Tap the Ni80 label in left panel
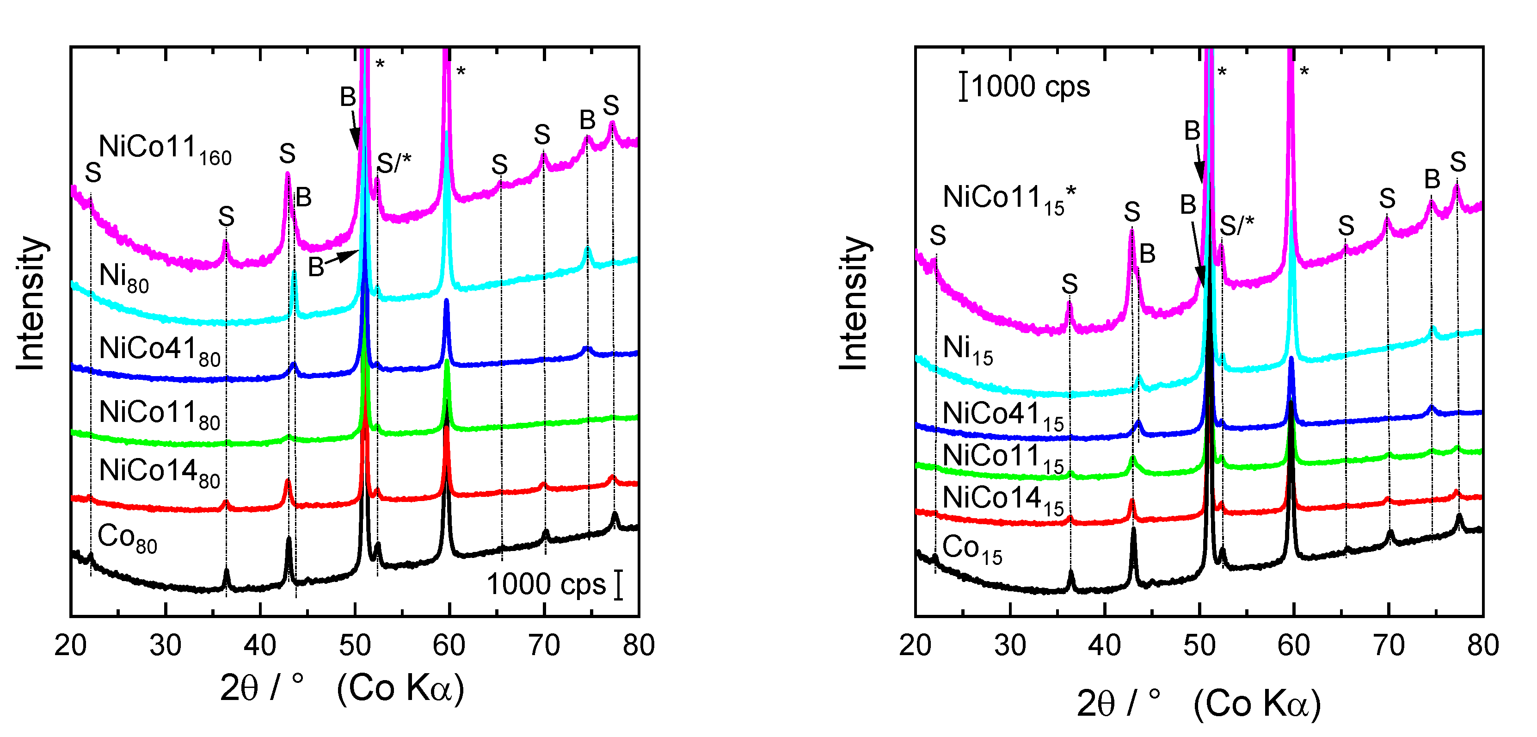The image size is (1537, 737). click(123, 278)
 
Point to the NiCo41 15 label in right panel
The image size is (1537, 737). click(1003, 416)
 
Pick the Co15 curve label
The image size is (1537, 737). click(972, 549)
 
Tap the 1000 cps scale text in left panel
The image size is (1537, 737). click(546, 584)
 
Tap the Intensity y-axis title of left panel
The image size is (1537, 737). click(30, 303)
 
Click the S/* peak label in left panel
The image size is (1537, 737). click(394, 162)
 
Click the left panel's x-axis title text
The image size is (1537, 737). click(342, 688)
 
